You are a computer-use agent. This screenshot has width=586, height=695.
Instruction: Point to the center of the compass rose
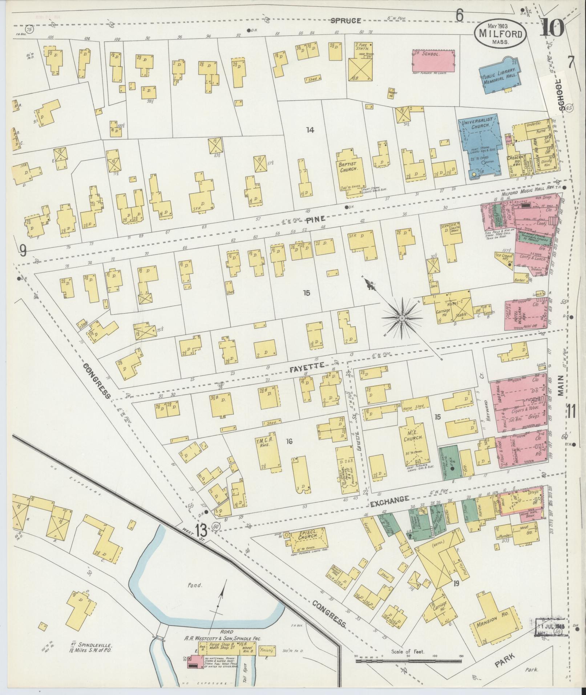click(x=402, y=318)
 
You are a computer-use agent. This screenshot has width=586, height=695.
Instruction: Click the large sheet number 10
click(x=552, y=27)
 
